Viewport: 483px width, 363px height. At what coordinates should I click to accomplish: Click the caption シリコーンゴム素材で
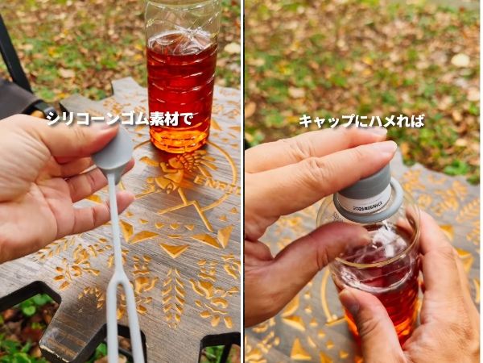pos(120,119)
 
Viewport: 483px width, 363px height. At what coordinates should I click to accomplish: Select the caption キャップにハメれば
pos(361,121)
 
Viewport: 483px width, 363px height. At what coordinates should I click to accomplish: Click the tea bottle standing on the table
pos(182,81)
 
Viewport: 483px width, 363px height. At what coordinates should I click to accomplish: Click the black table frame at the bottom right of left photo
pos(221,343)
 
